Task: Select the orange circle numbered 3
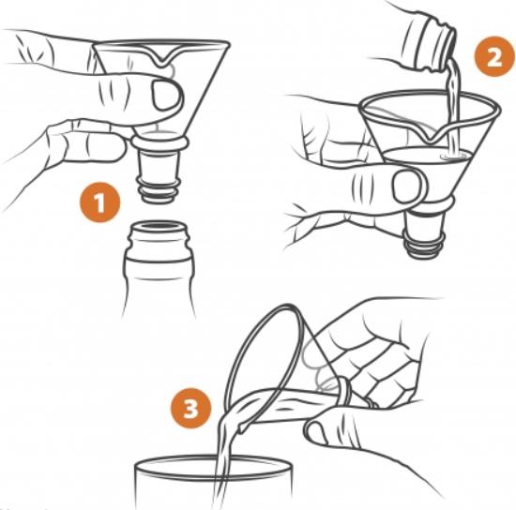(x=190, y=408)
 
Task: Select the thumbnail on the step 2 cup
(x=408, y=186)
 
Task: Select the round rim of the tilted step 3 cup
(x=253, y=361)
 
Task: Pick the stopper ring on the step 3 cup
(x=345, y=391)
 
